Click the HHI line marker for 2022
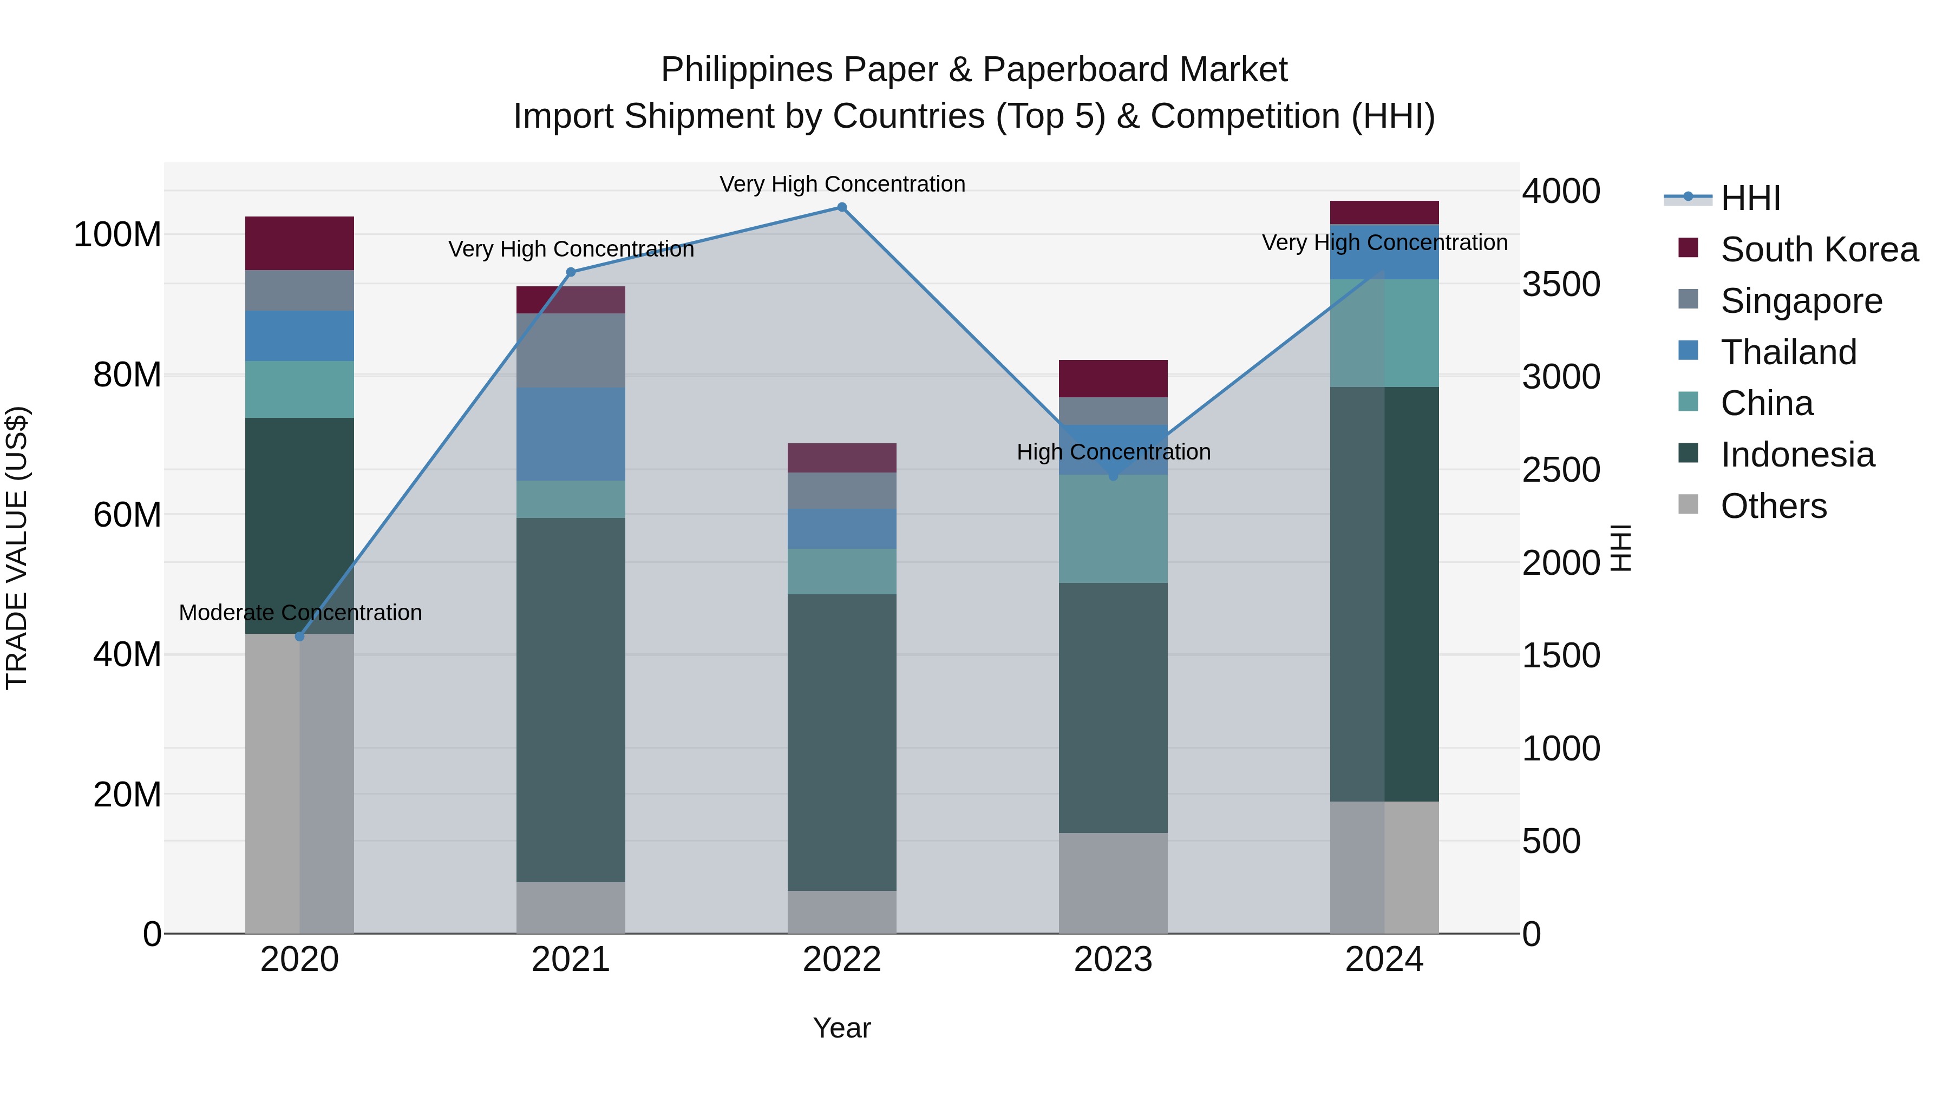(841, 207)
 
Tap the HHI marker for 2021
(571, 272)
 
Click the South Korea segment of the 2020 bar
(299, 243)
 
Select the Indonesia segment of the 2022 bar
(841, 741)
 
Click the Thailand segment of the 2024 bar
(1384, 252)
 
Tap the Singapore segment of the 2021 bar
(571, 350)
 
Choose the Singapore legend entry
(1801, 301)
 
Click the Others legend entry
(1773, 506)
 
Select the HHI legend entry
(1749, 198)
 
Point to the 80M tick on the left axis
(127, 375)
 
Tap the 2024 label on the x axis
(1384, 960)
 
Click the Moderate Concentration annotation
(300, 613)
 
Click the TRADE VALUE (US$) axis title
(17, 548)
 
